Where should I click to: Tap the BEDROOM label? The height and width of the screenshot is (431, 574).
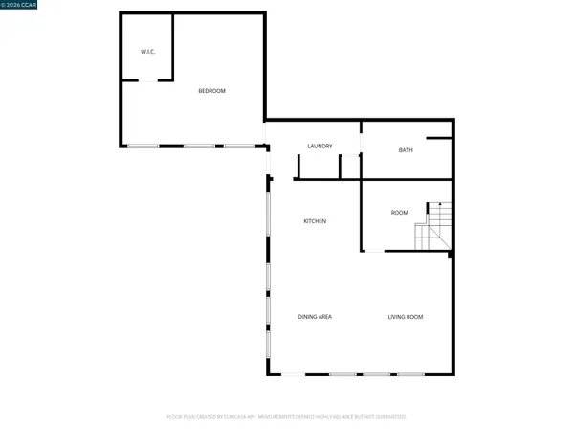click(211, 91)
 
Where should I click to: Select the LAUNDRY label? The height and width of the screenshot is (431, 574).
click(320, 147)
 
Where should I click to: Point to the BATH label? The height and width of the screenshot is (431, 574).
click(406, 150)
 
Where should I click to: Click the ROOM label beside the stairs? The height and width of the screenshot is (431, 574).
click(400, 212)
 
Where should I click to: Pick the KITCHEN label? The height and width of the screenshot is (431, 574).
click(315, 221)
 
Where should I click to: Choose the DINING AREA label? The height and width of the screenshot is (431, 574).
click(314, 317)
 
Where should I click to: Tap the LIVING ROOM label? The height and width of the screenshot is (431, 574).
click(405, 317)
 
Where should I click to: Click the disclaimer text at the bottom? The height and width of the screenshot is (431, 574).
click(287, 417)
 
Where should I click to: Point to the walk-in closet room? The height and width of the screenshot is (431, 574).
click(145, 48)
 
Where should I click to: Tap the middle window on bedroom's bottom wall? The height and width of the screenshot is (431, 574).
click(199, 146)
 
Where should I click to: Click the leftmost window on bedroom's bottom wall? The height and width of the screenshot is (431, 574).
click(144, 146)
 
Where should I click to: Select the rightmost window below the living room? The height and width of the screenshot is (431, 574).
click(410, 374)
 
